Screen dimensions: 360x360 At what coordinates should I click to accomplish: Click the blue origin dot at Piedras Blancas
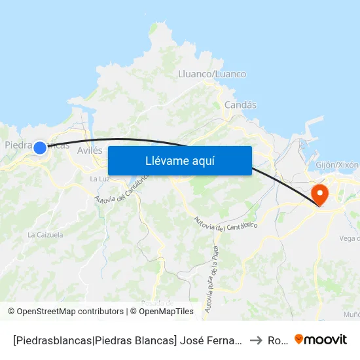[x=40, y=148]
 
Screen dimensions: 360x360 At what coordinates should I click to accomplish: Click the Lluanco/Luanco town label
[x=212, y=75]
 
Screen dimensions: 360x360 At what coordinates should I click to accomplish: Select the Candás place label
[x=240, y=105]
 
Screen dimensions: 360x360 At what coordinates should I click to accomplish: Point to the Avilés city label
[x=90, y=151]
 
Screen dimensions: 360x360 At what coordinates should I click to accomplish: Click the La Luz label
[x=99, y=179]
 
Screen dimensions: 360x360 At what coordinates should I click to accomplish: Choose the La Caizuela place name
[x=45, y=234]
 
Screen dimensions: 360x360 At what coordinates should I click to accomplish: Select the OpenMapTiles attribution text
[x=166, y=312]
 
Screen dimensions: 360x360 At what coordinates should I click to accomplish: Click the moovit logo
[x=321, y=340]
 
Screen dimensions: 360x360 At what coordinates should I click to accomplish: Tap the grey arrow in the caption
[x=256, y=340]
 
